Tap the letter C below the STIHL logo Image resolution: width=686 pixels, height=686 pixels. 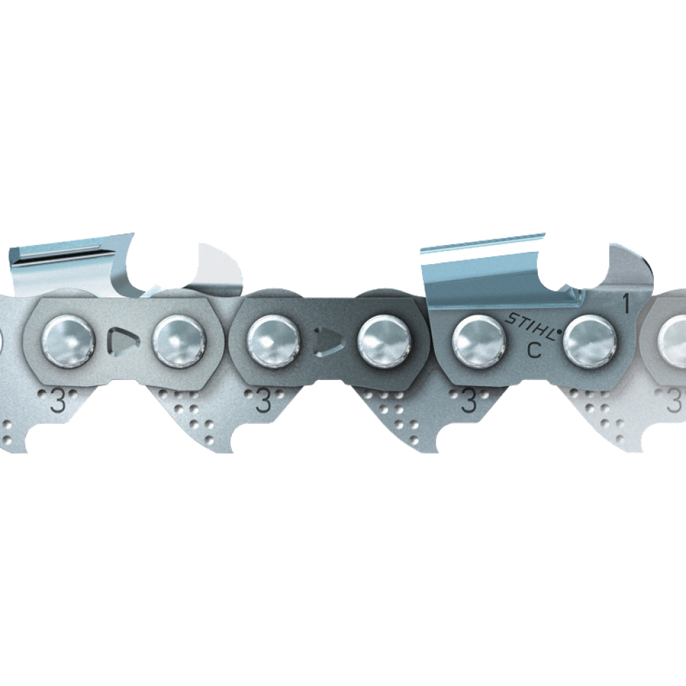(x=534, y=350)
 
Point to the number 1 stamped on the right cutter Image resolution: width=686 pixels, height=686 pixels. (x=626, y=304)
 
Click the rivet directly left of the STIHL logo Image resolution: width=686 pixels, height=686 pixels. (x=478, y=342)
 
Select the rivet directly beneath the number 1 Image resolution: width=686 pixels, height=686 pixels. (x=590, y=342)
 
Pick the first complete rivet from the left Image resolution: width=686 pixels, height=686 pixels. (x=68, y=341)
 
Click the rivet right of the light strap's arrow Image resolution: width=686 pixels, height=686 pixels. (x=179, y=341)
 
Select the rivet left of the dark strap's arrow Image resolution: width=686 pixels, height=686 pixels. (x=274, y=341)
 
